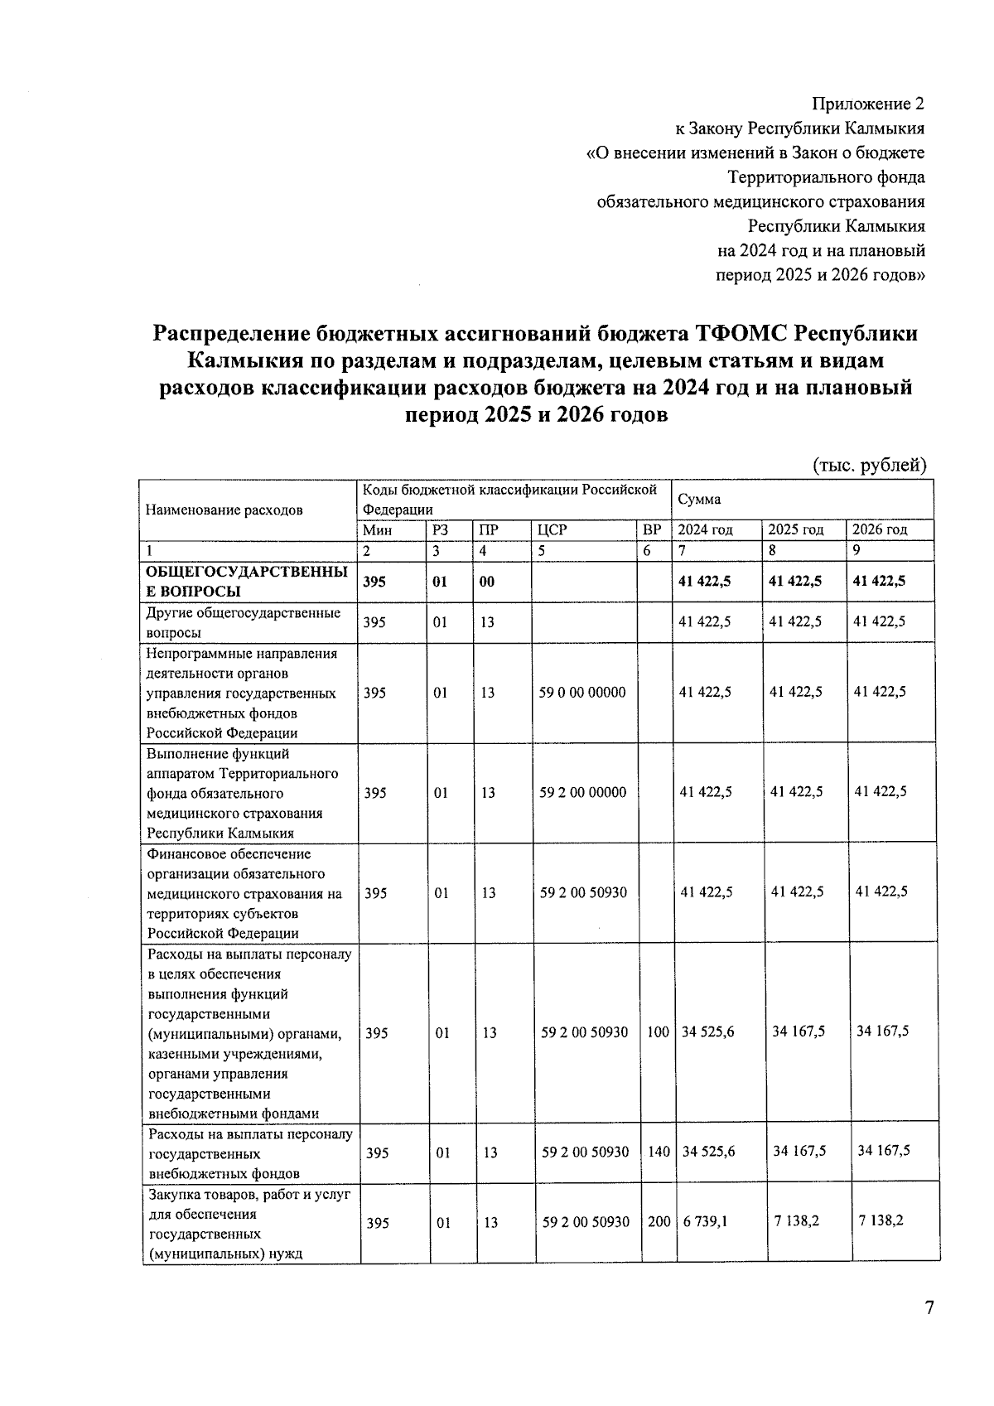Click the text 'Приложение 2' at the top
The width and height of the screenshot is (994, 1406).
click(867, 104)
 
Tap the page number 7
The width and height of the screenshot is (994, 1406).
click(929, 1307)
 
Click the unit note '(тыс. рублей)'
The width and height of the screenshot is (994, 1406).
click(869, 465)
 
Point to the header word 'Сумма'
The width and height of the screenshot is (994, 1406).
click(699, 500)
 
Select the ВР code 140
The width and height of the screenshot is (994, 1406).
click(659, 1152)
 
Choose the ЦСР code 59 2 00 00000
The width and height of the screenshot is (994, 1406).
click(583, 792)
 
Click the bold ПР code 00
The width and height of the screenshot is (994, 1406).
click(487, 582)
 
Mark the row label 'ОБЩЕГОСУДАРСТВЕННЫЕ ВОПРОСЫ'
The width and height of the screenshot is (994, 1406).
click(246, 582)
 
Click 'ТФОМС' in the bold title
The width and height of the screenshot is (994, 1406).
click(741, 333)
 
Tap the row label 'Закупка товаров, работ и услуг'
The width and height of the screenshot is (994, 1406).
click(249, 1195)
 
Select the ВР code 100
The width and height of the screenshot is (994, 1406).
click(658, 1032)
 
